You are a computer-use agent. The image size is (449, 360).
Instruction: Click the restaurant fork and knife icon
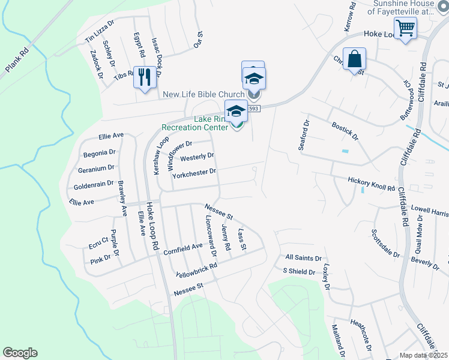144,77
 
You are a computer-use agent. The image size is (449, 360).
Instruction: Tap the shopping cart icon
405,28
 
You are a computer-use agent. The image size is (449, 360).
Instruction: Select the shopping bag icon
354,59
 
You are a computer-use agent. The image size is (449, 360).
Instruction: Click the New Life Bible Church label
203,94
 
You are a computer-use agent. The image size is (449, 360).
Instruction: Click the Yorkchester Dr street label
193,172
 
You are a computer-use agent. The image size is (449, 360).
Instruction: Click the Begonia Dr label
99,152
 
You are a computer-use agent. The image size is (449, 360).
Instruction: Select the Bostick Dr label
345,131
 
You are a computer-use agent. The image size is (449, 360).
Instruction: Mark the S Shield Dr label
299,272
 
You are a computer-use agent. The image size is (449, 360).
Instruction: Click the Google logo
20,353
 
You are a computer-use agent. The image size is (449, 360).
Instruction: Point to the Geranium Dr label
95,168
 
